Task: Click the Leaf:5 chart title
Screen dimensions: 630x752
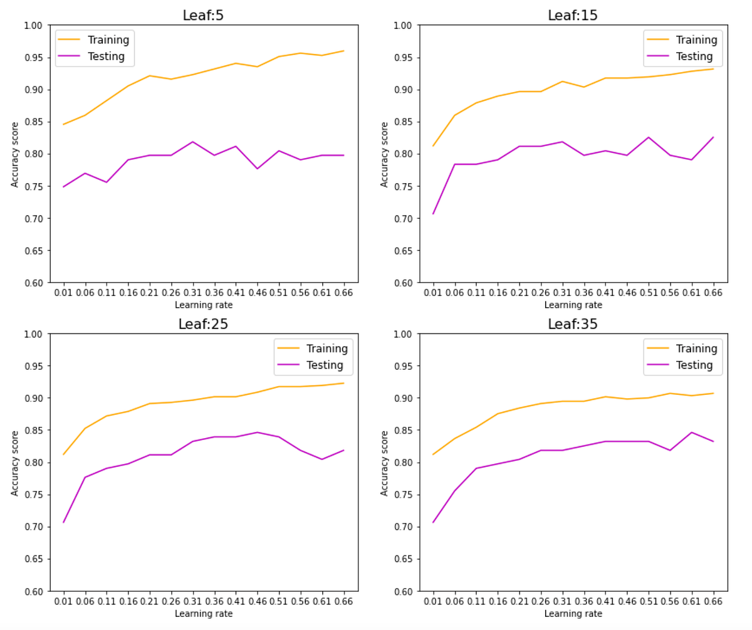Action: [x=203, y=15]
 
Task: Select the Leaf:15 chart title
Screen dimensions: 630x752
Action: [x=573, y=15]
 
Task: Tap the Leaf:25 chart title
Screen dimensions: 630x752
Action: [x=203, y=324]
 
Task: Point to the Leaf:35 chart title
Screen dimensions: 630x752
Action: [x=573, y=324]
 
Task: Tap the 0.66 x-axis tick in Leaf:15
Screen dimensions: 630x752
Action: [x=713, y=293]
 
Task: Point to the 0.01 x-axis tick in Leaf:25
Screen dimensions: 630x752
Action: [x=63, y=601]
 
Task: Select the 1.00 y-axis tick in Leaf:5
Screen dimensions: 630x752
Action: [x=33, y=26]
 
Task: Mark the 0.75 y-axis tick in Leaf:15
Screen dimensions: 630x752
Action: [x=402, y=186]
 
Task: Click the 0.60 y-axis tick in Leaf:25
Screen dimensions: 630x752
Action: [x=33, y=591]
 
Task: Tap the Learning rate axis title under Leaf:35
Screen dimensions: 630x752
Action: [x=573, y=614]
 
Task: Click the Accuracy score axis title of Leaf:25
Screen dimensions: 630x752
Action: [x=14, y=463]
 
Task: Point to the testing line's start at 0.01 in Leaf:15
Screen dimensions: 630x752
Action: [x=433, y=214]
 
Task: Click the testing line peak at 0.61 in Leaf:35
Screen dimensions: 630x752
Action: [x=692, y=432]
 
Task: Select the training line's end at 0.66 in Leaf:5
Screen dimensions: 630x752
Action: [x=343, y=51]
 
